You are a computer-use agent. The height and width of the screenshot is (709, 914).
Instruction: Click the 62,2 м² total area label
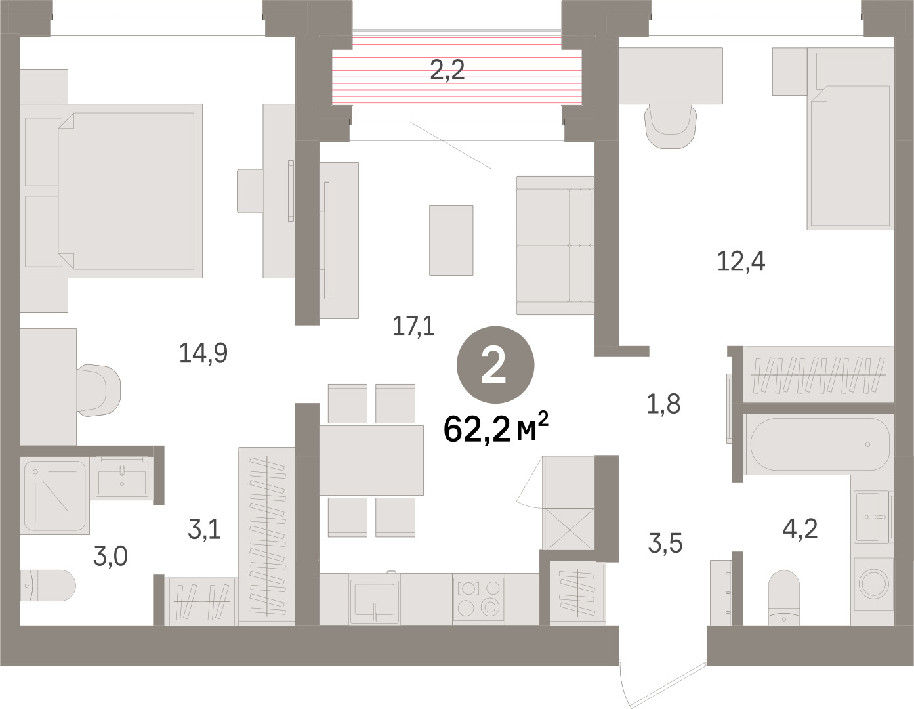pos(496,429)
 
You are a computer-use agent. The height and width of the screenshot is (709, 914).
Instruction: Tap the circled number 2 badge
pos(495,365)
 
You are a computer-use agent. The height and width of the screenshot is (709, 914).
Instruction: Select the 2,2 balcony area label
pos(447,70)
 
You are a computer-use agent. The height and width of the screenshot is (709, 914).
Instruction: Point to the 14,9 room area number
pos(203,353)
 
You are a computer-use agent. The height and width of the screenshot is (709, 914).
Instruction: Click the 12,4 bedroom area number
pos(741,261)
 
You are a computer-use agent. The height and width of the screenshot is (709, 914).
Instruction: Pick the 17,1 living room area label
pos(413,326)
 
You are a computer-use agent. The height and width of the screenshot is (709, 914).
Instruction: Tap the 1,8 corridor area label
pos(663,404)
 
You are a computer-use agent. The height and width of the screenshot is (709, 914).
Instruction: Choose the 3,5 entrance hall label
pos(665,543)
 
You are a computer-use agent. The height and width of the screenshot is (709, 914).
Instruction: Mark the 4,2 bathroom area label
pos(800,529)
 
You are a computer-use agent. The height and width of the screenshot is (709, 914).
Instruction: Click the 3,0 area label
pos(110,556)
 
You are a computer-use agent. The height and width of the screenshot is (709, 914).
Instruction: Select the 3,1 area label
pos(204,529)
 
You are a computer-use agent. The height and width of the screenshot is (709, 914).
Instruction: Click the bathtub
pos(820,444)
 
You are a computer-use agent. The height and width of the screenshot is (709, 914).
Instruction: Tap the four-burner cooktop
pos(479,599)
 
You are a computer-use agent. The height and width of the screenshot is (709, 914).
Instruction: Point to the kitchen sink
pos(375,599)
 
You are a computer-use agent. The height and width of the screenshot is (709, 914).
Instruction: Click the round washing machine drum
pos(873,584)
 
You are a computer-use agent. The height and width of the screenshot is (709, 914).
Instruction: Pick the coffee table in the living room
pos(451,240)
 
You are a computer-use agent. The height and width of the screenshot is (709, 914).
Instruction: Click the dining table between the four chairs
pos(371,460)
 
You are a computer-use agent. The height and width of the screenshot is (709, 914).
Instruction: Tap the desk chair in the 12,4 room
pos(671,126)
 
